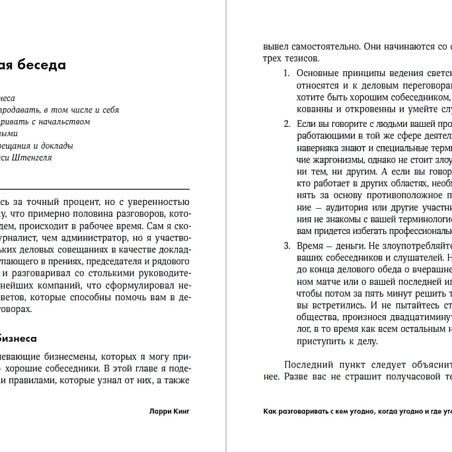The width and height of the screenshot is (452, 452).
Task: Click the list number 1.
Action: pyautogui.click(x=286, y=73)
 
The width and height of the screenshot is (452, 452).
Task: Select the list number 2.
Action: pyautogui.click(x=286, y=124)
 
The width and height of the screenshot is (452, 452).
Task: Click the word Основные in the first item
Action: pyautogui.click(x=317, y=73)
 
